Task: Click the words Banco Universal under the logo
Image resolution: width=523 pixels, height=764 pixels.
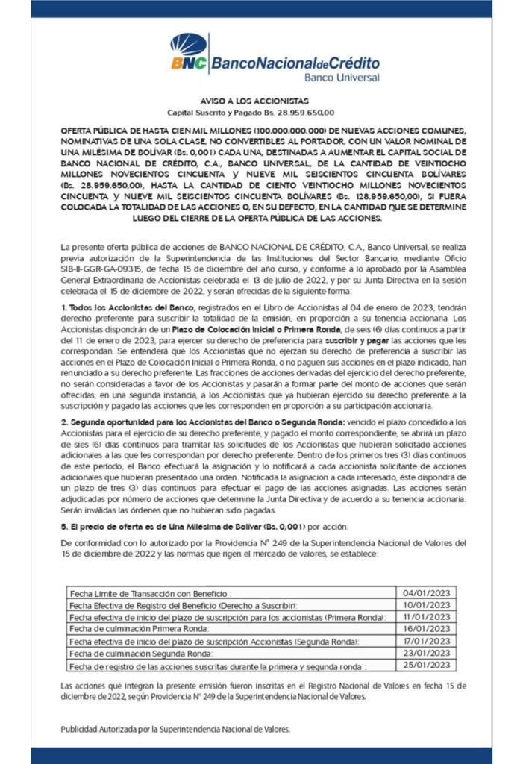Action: point(341,77)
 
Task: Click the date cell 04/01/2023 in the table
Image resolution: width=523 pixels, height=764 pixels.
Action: point(426,593)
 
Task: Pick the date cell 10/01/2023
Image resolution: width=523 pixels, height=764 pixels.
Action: point(426,605)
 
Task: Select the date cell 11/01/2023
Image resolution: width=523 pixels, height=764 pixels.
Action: point(426,617)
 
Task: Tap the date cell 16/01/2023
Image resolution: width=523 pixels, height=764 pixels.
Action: point(426,629)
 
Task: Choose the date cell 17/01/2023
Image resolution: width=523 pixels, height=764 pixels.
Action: point(426,641)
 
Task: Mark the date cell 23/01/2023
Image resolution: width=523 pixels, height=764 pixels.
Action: point(426,653)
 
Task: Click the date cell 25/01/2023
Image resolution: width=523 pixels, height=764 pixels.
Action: point(426,665)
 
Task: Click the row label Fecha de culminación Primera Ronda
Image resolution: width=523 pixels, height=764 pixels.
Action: point(142,629)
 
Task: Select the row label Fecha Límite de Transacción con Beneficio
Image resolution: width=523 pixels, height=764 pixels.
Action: point(156,593)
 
